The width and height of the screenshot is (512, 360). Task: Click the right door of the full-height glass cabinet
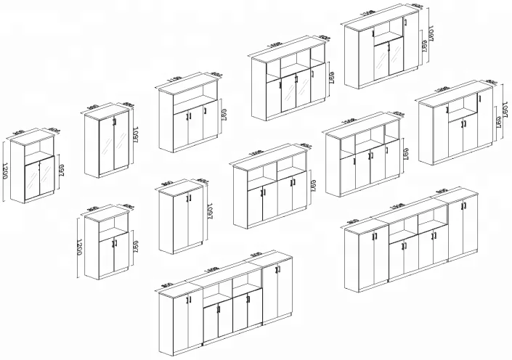(x=119, y=146)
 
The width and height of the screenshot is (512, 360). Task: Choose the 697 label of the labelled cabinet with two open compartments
(x=314, y=181)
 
